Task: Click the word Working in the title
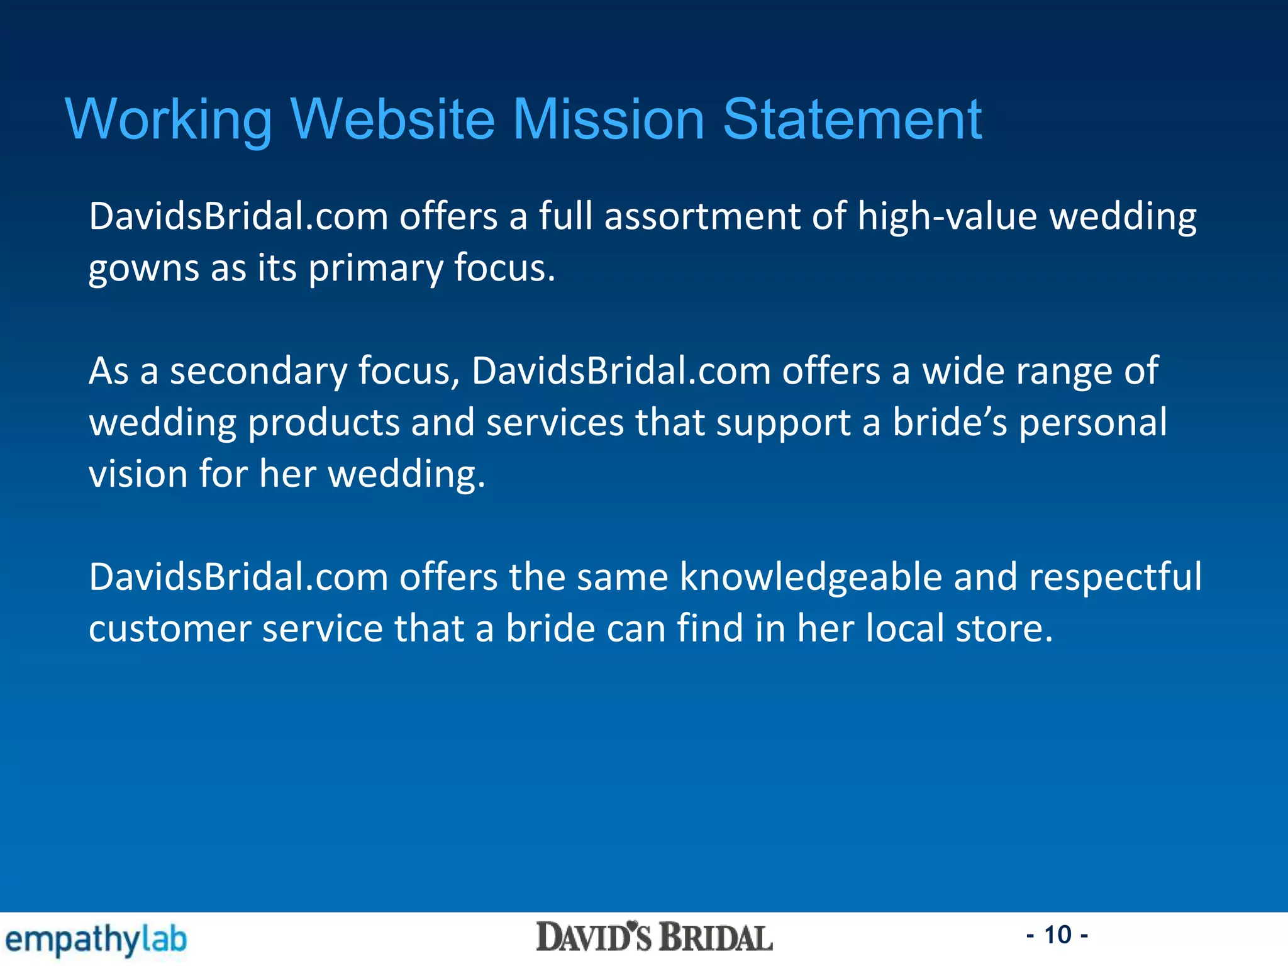click(x=169, y=119)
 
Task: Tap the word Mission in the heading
click(x=608, y=119)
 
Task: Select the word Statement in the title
click(x=852, y=119)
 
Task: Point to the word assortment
click(x=702, y=217)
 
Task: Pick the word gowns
click(x=143, y=269)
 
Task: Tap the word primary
click(x=375, y=269)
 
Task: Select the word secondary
click(x=258, y=371)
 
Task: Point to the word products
click(x=324, y=423)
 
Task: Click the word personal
click(x=1093, y=423)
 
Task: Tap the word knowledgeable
click(x=811, y=577)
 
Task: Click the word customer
click(x=170, y=628)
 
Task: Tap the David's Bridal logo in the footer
click(x=654, y=938)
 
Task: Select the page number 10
click(x=1057, y=935)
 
